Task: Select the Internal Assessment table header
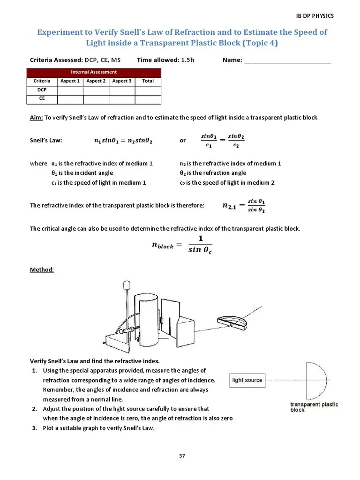coord(94,72)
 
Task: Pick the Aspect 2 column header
coord(96,81)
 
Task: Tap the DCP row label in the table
coord(42,90)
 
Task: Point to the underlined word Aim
coord(36,118)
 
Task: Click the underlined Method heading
coord(42,270)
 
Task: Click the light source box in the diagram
coord(247,380)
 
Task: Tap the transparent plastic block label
coord(314,407)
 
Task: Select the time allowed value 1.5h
coord(186,60)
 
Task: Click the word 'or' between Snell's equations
coord(183,141)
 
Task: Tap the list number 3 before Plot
coord(34,428)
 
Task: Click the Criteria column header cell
coord(42,81)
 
